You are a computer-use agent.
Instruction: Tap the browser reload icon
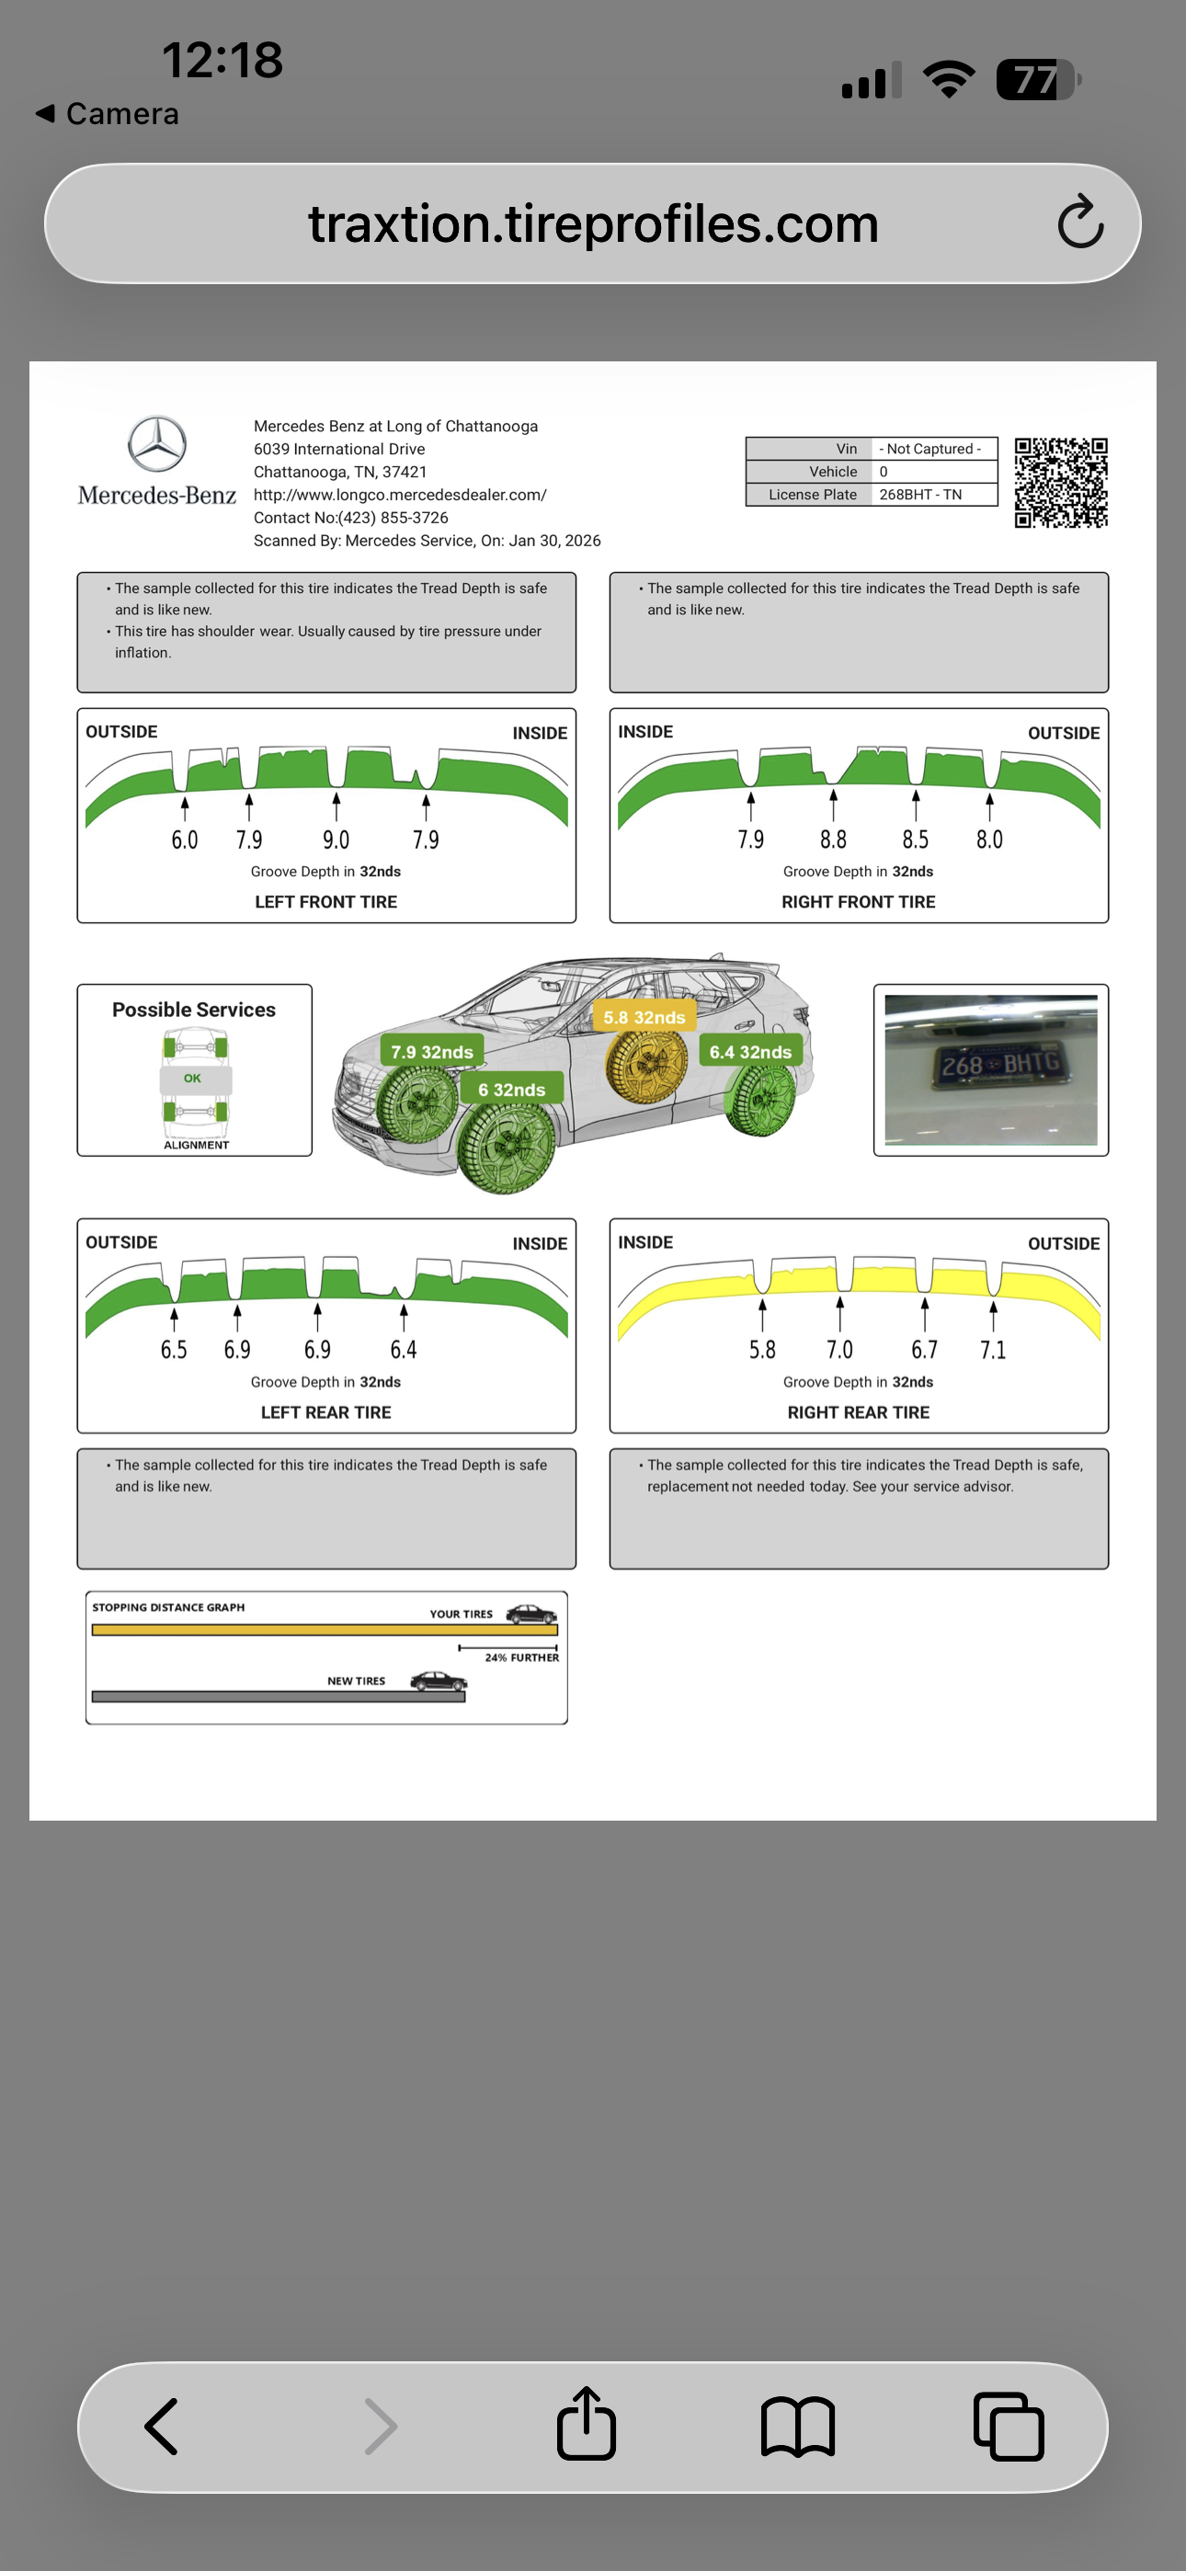pyautogui.click(x=1080, y=223)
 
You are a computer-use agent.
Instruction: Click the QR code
pyautogui.click(x=1060, y=483)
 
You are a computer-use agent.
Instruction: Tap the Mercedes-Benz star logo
pyautogui.click(x=156, y=444)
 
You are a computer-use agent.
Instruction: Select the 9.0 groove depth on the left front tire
pyautogui.click(x=336, y=840)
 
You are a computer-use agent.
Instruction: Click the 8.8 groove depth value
pyautogui.click(x=833, y=840)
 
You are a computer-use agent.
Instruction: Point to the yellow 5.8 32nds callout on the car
pyautogui.click(x=644, y=1018)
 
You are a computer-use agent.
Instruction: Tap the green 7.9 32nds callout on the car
pyautogui.click(x=431, y=1052)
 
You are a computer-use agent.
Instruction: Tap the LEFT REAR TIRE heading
pyautogui.click(x=325, y=1412)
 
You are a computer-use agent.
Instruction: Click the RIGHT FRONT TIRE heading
pyautogui.click(x=858, y=902)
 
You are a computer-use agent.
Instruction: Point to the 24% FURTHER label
pyautogui.click(x=521, y=1658)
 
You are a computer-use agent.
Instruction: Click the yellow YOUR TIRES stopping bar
pyautogui.click(x=324, y=1629)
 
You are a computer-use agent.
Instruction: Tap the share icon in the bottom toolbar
pyautogui.click(x=586, y=2426)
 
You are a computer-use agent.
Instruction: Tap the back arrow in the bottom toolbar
pyautogui.click(x=163, y=2427)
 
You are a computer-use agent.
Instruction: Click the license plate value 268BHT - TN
pyautogui.click(x=919, y=495)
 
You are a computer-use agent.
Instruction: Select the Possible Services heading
pyautogui.click(x=194, y=1010)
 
